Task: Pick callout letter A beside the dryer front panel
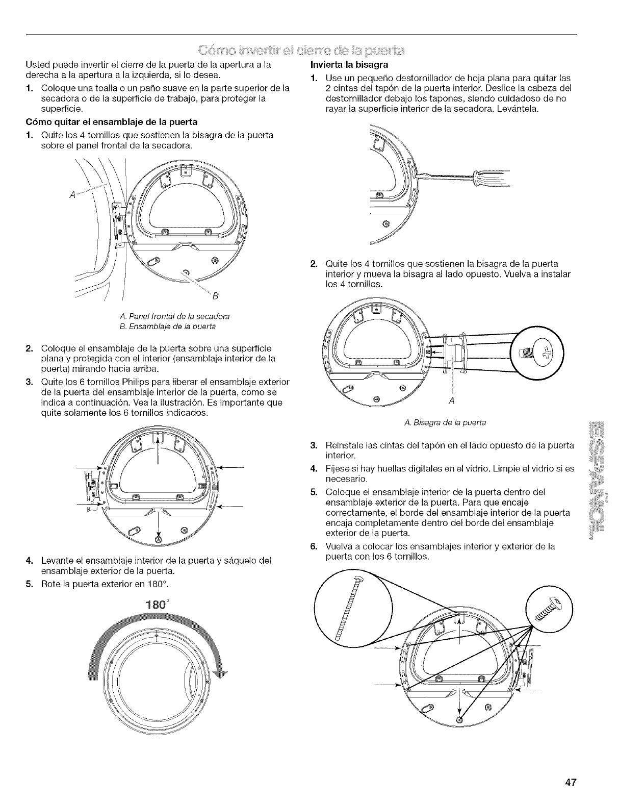[x=73, y=194]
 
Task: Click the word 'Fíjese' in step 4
[x=337, y=468]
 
